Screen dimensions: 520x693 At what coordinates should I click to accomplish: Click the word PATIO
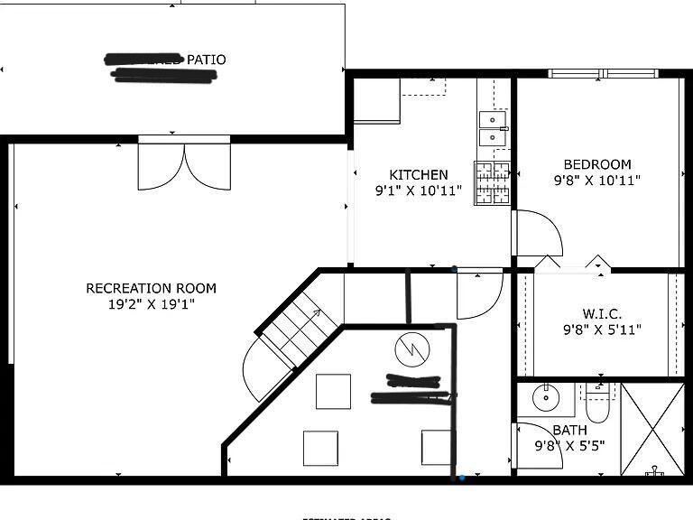coord(206,60)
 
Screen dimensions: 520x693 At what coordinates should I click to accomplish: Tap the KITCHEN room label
coord(418,174)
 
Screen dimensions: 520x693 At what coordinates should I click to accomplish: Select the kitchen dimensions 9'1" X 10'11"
coord(418,190)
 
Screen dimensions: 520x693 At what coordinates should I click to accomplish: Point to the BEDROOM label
coord(596,164)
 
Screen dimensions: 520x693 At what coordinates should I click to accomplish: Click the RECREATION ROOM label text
coord(151,288)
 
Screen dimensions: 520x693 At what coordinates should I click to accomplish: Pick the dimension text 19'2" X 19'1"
coord(151,304)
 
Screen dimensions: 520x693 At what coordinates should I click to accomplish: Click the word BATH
coord(569,430)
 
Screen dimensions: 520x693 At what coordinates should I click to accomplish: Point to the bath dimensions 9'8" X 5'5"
coord(569,445)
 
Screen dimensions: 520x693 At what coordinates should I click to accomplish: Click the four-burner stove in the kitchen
coord(493,182)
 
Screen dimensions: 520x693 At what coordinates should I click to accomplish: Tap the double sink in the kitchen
coord(493,127)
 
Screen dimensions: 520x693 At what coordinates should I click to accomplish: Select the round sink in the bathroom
coord(546,396)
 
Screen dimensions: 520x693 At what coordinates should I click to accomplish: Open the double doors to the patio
coord(184,166)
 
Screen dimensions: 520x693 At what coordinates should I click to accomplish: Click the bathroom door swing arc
coord(541,445)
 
